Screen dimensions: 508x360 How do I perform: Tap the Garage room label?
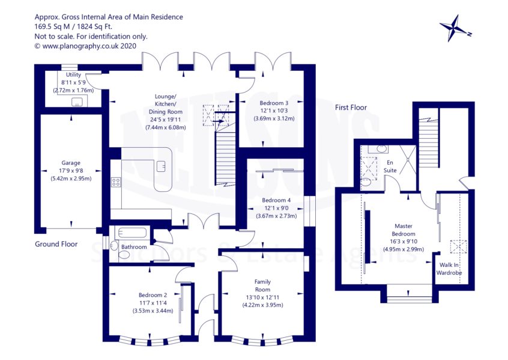tap(71, 163)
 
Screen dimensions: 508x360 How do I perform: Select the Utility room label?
tap(73, 75)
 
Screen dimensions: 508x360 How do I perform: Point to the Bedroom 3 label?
tap(274, 103)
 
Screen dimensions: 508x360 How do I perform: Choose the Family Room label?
tap(262, 285)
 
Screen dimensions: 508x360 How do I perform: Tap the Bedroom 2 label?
tap(153, 295)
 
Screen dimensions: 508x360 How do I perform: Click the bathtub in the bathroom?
tap(132, 233)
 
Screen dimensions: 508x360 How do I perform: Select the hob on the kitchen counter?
tap(116, 182)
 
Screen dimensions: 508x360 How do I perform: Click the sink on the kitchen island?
tap(162, 166)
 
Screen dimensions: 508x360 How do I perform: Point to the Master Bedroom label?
tap(404, 230)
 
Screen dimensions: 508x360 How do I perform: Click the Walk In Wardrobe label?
tap(449, 269)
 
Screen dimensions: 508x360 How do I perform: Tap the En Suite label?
tap(390, 166)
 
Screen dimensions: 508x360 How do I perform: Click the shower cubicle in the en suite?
tap(407, 160)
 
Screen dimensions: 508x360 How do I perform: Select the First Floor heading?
tap(351, 108)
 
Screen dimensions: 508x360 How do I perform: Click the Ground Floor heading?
tap(56, 244)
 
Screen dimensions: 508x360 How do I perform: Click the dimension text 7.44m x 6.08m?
tap(166, 127)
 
